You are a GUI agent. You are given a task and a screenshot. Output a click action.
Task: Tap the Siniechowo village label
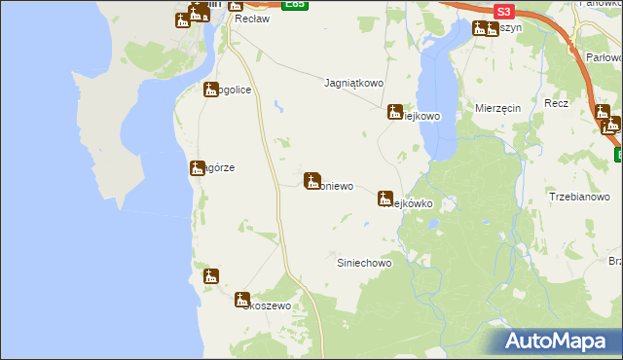click(364, 264)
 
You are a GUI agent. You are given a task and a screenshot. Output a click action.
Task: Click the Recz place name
click(557, 103)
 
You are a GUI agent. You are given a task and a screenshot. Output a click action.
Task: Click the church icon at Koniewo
click(313, 180)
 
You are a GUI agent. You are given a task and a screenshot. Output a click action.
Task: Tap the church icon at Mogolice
click(210, 90)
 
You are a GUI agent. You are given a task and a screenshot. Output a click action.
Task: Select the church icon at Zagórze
click(197, 168)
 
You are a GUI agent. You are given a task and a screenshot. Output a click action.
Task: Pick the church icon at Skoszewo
click(242, 300)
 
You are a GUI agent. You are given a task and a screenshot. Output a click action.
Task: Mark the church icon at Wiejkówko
click(385, 198)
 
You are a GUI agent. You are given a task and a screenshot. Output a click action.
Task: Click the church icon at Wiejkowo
click(395, 112)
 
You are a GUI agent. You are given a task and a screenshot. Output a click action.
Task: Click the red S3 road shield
click(502, 12)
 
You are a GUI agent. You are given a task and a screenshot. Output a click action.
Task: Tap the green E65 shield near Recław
click(295, 5)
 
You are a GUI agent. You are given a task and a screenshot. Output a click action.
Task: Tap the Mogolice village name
click(234, 90)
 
